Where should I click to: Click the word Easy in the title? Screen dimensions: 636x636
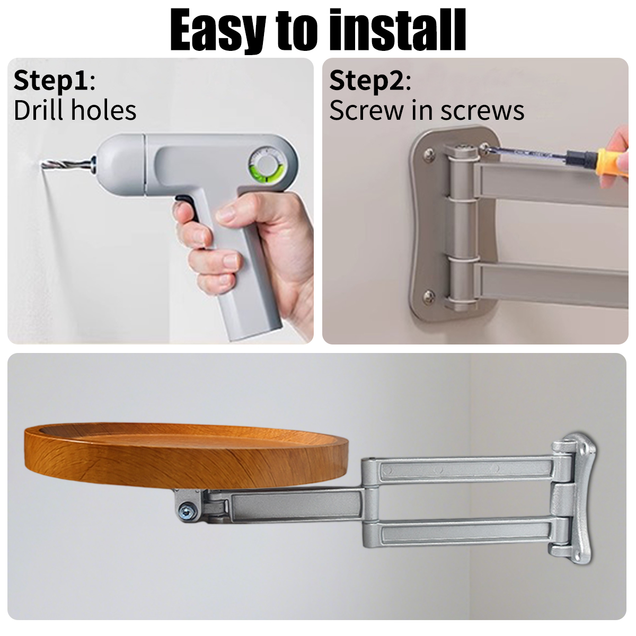click(x=217, y=30)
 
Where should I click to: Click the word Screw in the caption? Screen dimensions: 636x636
click(x=366, y=111)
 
